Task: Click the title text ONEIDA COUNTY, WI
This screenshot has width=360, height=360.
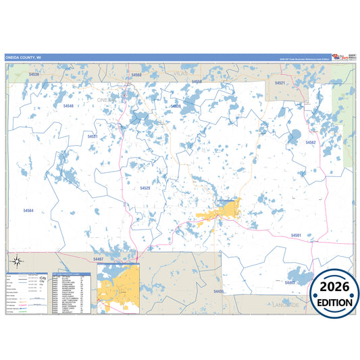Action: [24, 58]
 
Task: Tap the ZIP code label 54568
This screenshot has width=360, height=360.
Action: [137, 75]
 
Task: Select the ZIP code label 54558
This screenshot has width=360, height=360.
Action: [197, 82]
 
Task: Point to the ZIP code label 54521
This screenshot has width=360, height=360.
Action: [280, 82]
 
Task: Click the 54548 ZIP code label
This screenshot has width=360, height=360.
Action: [68, 106]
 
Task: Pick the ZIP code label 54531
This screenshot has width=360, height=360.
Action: [93, 136]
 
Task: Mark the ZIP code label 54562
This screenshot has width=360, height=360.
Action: [310, 143]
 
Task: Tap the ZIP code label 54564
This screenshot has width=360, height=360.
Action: [28, 211]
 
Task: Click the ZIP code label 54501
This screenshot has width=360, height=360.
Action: [296, 235]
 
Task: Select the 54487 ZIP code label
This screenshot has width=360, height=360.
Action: [98, 259]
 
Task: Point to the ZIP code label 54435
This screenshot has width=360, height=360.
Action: [217, 291]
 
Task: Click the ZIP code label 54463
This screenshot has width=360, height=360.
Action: [290, 282]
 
